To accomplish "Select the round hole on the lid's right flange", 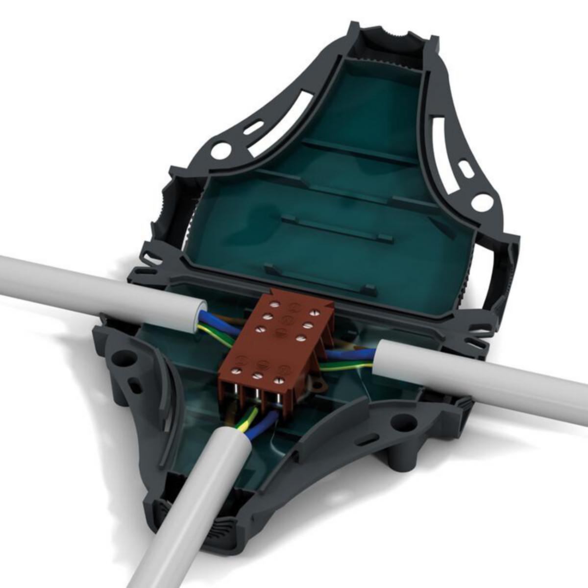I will point(482,201).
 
